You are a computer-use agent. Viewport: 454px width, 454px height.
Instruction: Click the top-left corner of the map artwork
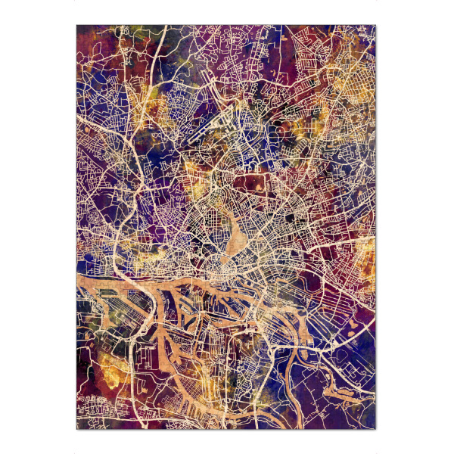pyautogui.click(x=76, y=25)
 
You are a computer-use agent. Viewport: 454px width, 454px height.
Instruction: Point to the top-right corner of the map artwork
pyautogui.click(x=376, y=25)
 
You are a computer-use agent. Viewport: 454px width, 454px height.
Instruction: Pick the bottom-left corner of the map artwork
pyautogui.click(x=76, y=429)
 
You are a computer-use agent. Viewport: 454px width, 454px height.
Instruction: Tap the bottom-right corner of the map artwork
pyautogui.click(x=376, y=429)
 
